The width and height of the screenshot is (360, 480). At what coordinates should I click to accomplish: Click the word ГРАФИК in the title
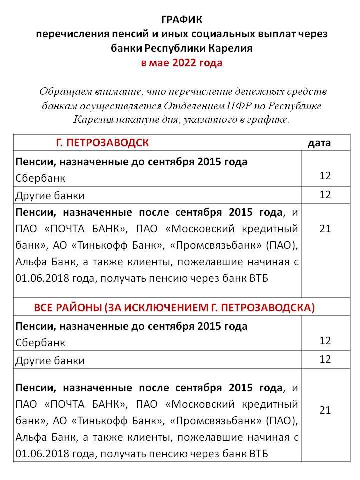(x=182, y=20)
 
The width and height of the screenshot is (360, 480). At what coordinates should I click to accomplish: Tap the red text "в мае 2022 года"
(x=182, y=63)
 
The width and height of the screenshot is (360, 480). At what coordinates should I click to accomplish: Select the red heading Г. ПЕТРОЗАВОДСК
(x=102, y=143)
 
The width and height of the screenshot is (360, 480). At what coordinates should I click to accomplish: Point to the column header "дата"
(x=319, y=143)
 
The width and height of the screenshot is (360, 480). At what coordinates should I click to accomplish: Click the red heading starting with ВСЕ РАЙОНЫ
(x=174, y=307)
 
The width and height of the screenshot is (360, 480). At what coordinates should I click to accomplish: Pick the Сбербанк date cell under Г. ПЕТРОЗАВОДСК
(x=325, y=176)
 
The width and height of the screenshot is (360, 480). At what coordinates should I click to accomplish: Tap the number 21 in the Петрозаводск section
(x=325, y=229)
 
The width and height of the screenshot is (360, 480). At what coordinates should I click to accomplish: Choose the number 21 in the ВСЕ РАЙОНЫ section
(x=325, y=410)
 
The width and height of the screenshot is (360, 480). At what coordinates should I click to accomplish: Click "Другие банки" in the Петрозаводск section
(x=50, y=195)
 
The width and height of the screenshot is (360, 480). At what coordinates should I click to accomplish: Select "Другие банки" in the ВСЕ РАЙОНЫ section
(x=50, y=360)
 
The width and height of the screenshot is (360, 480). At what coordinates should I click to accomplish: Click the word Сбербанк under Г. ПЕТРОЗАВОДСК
(x=40, y=178)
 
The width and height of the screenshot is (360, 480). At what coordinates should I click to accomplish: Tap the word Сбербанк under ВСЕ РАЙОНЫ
(x=40, y=343)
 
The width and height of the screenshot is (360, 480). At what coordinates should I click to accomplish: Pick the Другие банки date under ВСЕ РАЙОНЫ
(x=325, y=359)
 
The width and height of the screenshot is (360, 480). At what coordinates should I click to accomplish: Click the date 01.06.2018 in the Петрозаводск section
(x=40, y=278)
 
